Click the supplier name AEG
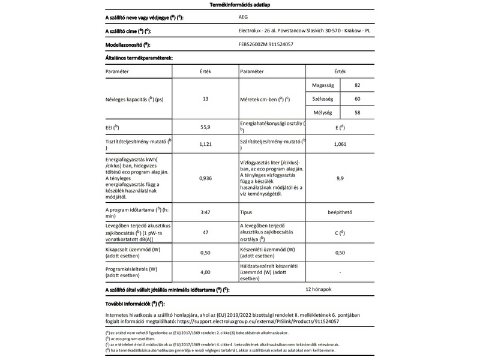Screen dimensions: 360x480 click(243, 18)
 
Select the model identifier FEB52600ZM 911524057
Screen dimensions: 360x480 click(267, 44)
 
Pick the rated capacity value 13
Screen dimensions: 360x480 click(205, 98)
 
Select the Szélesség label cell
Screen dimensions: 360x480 click(323, 98)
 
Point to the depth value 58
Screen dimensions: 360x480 click(358, 112)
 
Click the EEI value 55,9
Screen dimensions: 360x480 click(205, 128)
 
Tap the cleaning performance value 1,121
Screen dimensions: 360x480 click(205, 145)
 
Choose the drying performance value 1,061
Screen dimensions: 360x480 click(340, 145)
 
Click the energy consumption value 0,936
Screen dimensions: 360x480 click(205, 178)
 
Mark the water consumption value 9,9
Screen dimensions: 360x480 click(340, 178)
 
